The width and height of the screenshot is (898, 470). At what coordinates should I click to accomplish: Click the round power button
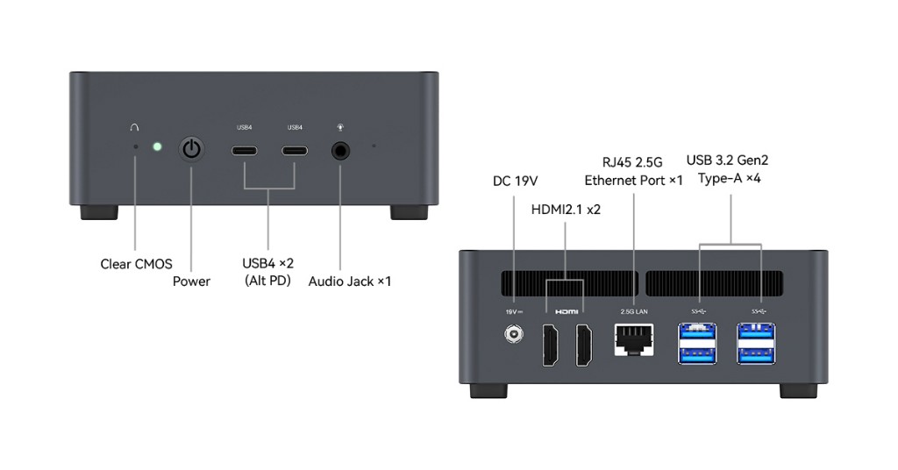(191, 149)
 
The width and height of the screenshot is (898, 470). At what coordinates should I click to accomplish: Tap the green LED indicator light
(157, 146)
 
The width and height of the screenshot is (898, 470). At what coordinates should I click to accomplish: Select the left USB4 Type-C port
(245, 150)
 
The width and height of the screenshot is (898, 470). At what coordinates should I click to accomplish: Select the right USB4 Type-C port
(295, 150)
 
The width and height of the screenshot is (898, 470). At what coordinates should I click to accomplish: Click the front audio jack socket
(342, 151)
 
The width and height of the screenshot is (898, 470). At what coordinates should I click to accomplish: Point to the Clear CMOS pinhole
(135, 146)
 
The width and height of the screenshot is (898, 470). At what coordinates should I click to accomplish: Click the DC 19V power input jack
(513, 335)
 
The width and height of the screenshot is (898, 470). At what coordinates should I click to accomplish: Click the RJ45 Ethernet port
(634, 338)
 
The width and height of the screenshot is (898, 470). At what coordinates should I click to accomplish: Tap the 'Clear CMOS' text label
(136, 263)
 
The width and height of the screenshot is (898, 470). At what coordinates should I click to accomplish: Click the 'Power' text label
(191, 281)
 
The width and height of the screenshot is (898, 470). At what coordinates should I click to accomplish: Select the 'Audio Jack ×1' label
(349, 281)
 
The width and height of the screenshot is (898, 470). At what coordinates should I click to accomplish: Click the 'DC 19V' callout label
(515, 181)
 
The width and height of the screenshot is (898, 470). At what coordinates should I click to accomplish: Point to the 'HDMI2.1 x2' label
(566, 209)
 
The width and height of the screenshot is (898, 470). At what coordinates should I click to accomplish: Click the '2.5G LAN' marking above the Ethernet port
(634, 311)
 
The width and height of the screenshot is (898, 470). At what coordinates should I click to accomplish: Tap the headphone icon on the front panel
(134, 128)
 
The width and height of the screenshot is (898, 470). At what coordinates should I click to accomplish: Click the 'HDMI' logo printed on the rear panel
(567, 311)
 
